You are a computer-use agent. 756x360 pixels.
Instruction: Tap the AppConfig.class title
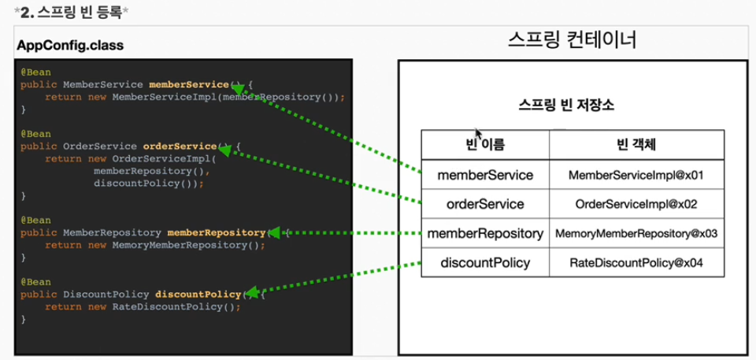tap(70, 46)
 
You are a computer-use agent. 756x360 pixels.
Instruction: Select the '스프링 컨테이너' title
tap(572, 41)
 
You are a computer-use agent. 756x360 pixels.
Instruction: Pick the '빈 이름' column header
tap(485, 144)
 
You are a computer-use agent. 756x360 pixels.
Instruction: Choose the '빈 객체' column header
tap(636, 144)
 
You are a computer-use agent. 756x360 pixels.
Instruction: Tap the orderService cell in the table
tap(485, 204)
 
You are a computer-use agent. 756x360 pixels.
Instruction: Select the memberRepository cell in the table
tap(485, 233)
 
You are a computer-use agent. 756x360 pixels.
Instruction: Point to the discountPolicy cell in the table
tap(485, 262)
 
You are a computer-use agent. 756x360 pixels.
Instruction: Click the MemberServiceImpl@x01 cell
tap(636, 175)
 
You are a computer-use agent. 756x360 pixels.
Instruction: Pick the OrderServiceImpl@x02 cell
tap(636, 204)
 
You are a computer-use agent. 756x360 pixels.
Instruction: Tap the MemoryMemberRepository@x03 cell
tap(636, 233)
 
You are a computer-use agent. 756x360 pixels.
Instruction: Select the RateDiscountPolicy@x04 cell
tap(636, 262)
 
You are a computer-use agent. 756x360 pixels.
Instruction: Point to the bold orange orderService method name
tap(180, 147)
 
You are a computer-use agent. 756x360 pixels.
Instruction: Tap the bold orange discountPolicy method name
tap(198, 294)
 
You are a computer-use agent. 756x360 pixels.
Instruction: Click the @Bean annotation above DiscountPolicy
tap(35, 281)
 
